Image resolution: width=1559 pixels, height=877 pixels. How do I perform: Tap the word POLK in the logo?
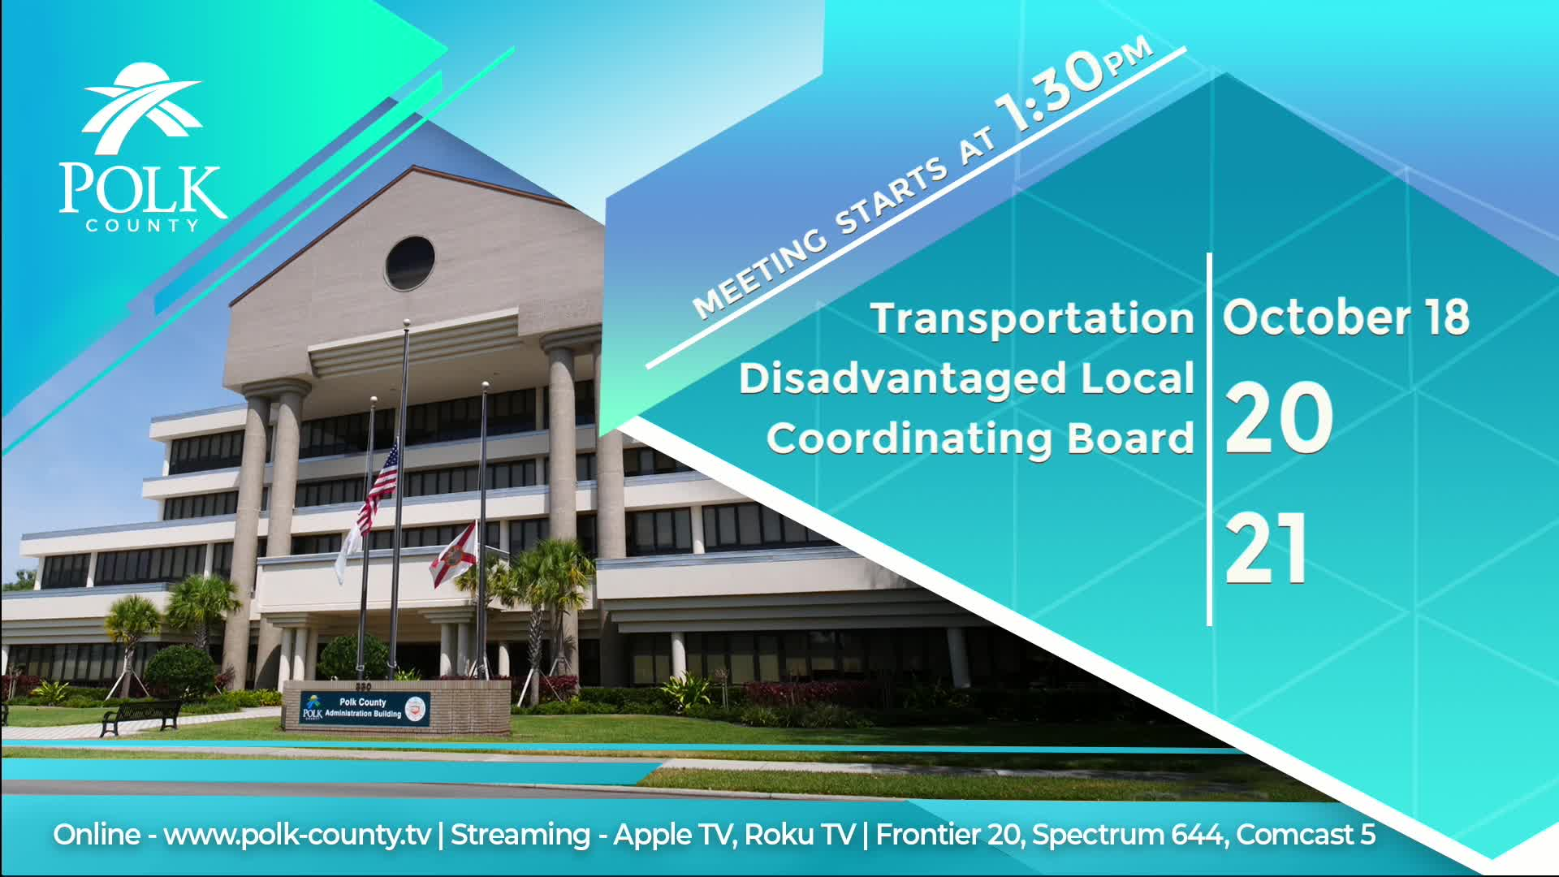click(x=142, y=189)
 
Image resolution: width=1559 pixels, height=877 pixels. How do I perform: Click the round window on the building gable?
click(x=409, y=263)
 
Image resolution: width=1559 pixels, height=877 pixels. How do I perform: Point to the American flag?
click(x=380, y=486)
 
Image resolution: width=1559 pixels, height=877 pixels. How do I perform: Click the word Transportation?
click(x=1032, y=318)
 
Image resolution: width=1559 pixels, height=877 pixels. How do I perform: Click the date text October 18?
click(x=1346, y=317)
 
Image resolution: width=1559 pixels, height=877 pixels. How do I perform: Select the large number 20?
click(x=1278, y=418)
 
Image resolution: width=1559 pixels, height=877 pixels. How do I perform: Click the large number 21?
click(x=1266, y=548)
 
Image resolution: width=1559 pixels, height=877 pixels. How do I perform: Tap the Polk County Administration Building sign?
click(x=365, y=709)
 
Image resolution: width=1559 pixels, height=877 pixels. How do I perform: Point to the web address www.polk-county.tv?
click(x=297, y=836)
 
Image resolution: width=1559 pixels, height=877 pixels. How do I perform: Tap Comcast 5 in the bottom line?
click(x=1306, y=835)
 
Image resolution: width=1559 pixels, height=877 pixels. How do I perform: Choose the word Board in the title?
click(x=1130, y=438)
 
